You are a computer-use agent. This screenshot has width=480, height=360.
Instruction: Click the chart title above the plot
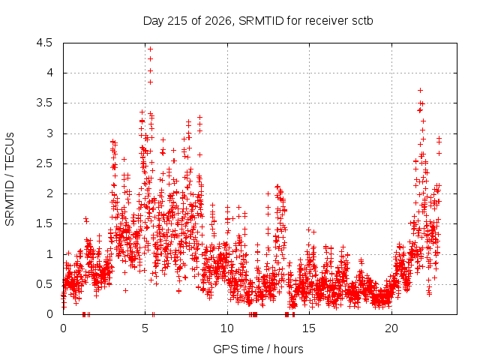[258, 21]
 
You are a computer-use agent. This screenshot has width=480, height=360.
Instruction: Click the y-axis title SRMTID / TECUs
[10, 179]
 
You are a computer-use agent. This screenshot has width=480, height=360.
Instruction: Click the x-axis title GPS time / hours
[258, 349]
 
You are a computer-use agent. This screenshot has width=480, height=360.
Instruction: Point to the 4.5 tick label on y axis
[45, 43]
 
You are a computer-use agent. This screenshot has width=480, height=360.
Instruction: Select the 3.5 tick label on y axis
[45, 103]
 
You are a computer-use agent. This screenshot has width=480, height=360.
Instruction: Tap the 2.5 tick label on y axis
[45, 163]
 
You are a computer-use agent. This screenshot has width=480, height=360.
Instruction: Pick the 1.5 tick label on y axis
[45, 223]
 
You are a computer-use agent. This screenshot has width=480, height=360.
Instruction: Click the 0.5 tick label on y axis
[45, 284]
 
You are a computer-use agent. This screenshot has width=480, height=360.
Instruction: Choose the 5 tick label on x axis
[145, 328]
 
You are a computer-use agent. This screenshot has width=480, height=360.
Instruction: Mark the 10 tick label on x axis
[227, 328]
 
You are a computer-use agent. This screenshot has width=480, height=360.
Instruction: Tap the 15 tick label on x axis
[309, 328]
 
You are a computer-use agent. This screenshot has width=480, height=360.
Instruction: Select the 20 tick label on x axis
[391, 328]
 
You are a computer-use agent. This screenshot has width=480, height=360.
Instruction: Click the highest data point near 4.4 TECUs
[150, 49]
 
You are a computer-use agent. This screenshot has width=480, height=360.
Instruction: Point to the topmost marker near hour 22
[420, 90]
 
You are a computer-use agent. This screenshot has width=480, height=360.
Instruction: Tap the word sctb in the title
[362, 21]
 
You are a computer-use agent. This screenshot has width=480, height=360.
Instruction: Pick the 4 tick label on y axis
[49, 73]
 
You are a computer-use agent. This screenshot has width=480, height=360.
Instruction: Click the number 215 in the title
[178, 21]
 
